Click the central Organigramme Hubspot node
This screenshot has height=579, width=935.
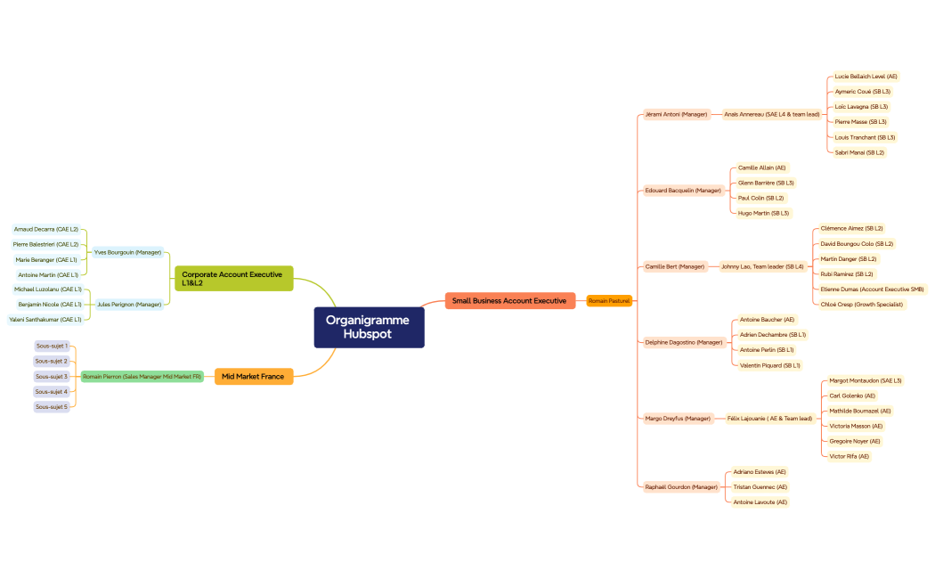pos(369,327)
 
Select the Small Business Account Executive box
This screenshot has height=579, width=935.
pos(509,301)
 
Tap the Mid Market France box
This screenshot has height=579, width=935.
pos(253,377)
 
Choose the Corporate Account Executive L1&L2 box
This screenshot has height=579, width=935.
pos(233,279)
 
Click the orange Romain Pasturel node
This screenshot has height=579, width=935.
pos(609,301)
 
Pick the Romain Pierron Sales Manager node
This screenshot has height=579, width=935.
pos(142,377)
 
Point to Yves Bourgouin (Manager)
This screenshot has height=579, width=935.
pos(128,252)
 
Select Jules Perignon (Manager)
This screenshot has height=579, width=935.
pos(129,305)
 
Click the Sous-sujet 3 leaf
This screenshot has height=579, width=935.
pos(52,377)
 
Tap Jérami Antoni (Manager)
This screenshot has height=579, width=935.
pos(676,114)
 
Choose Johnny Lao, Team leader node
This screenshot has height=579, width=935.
pos(762,266)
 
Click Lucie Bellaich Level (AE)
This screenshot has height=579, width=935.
pos(866,77)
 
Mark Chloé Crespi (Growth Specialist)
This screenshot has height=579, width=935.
pos(861,305)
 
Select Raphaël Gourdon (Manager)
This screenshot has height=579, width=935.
pos(681,487)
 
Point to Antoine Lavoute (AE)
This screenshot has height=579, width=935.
pos(760,502)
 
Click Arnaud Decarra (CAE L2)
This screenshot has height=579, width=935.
pos(46,229)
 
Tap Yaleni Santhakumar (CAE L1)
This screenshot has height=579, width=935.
pos(45,320)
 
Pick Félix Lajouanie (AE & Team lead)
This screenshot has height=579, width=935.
pos(769,419)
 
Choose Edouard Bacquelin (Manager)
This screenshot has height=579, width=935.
pos(683,191)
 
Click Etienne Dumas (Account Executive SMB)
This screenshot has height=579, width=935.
pos(872,289)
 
